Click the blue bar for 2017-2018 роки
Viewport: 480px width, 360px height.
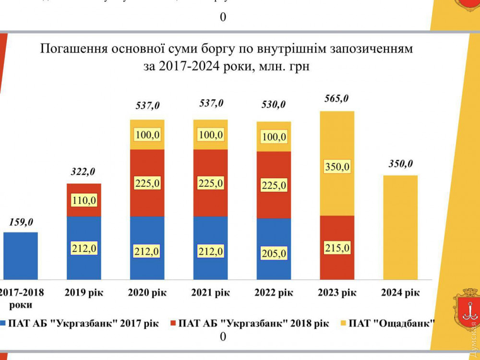tap(20, 255)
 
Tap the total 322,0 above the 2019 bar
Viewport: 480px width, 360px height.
tap(84, 172)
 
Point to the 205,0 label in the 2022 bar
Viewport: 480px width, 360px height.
tap(274, 253)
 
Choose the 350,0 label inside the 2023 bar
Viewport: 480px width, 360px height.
tap(337, 167)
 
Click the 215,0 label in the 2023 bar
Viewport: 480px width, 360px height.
tap(337, 248)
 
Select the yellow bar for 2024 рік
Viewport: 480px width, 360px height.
tap(400, 227)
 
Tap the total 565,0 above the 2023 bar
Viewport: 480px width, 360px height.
tap(336, 99)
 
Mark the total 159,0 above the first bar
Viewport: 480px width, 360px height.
tap(21, 222)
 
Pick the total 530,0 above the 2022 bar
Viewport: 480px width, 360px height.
tap(274, 105)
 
